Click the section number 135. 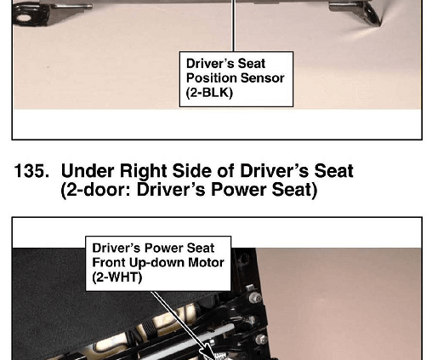point(31,171)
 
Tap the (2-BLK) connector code point(209,93)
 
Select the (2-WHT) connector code point(117,277)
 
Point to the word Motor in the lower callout point(206,262)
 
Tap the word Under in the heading point(88,171)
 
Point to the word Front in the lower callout point(109,262)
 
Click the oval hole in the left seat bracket point(24,19)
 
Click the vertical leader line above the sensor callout point(234,26)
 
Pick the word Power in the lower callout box point(162,248)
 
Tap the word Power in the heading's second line point(239,190)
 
